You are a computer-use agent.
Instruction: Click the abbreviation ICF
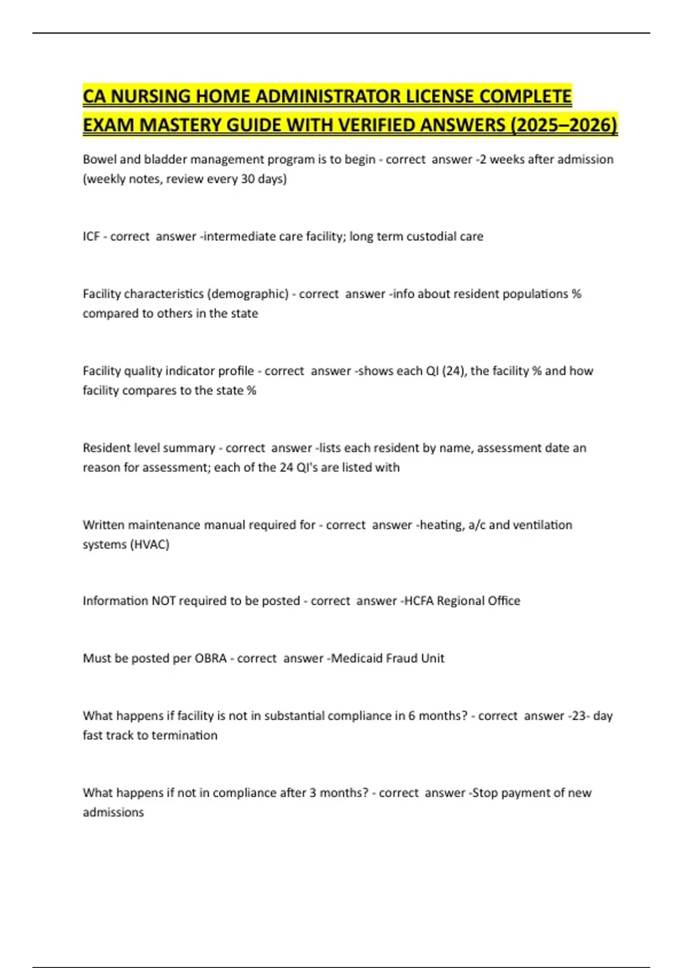(x=91, y=236)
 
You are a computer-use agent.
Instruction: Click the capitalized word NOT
(x=163, y=601)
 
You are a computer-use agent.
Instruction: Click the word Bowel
(x=100, y=159)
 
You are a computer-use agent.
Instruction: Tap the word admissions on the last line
(x=113, y=812)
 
